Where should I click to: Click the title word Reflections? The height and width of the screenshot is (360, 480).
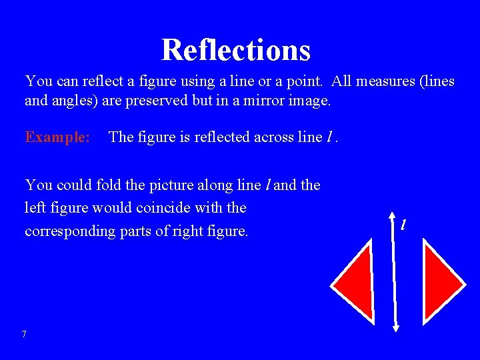[236, 49]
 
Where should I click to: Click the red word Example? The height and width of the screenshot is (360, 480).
[58, 137]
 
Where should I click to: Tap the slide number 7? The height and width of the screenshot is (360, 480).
[24, 334]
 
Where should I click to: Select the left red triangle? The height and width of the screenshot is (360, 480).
[357, 280]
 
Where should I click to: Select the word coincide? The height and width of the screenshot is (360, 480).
[164, 208]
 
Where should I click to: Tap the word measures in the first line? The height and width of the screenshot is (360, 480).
[387, 81]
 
